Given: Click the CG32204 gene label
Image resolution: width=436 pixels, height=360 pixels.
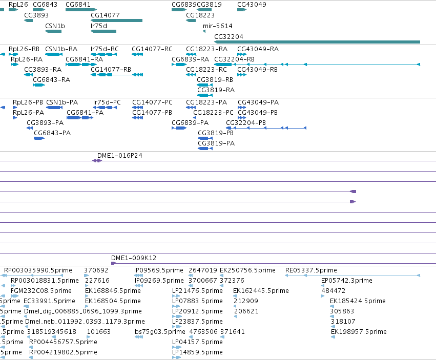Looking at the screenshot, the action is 229,37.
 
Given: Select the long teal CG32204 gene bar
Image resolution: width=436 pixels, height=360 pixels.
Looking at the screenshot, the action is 317,42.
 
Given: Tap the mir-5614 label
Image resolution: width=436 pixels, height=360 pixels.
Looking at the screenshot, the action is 217,26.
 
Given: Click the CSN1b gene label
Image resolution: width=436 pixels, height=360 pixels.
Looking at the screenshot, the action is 55,26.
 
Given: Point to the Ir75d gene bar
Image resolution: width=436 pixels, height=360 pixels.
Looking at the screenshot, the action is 103,31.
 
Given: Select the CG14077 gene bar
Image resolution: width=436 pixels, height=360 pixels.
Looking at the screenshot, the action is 116,20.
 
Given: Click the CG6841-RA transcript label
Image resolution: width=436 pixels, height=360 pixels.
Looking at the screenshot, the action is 84,59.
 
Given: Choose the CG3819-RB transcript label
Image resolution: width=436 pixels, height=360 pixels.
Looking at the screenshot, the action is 215,80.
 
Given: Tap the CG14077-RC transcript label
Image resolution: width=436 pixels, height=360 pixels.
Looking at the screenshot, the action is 152,49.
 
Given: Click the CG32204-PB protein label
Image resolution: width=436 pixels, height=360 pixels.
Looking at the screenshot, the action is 246,123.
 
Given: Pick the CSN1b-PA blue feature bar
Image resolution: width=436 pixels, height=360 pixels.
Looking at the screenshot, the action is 54,108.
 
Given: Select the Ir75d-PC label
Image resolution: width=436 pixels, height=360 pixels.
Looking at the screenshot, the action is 107,102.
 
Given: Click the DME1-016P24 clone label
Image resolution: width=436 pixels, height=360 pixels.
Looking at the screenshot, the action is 119,155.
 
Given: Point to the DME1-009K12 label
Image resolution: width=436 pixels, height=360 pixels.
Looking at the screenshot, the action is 134,258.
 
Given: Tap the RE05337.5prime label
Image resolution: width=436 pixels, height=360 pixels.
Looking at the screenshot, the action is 311,270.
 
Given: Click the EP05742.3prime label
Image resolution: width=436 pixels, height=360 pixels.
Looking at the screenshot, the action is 347,281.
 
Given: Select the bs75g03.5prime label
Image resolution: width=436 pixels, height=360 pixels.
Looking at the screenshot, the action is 160,332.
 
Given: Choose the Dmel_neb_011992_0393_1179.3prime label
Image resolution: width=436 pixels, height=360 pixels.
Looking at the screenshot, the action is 85,322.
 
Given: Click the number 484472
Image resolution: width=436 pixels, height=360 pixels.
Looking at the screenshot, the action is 334,291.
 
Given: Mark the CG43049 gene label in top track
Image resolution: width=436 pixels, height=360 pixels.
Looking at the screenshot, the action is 252,5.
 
